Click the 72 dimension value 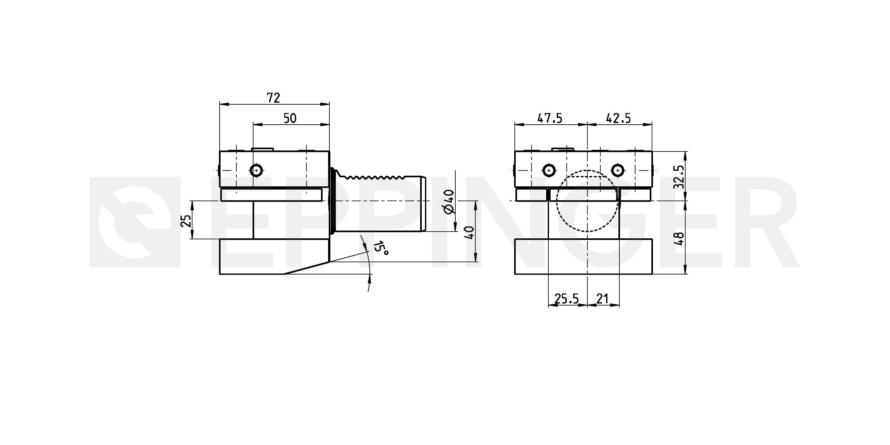click(273, 98)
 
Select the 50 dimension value click(290, 119)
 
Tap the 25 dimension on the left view click(187, 221)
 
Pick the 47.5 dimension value click(550, 119)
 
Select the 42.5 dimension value click(618, 119)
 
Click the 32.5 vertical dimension click(679, 177)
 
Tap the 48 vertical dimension click(679, 238)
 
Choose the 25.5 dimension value click(566, 298)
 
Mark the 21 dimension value click(602, 298)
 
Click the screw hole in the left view click(256, 170)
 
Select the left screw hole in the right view click(549, 170)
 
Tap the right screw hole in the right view click(618, 170)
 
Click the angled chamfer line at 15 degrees click(307, 268)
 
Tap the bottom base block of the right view click(584, 256)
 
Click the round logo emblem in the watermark click(135, 222)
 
